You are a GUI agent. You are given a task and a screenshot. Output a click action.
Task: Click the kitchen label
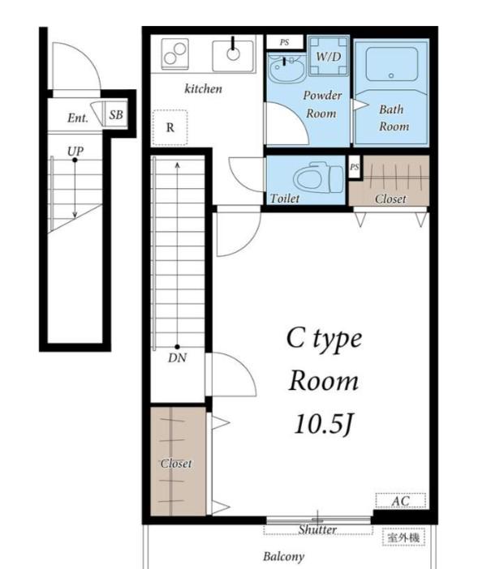point(203,89)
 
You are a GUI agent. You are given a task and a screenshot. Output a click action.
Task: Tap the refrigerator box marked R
point(170,127)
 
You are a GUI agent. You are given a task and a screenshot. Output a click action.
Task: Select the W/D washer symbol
point(329,56)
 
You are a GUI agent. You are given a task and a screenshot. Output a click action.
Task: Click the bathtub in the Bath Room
point(391,64)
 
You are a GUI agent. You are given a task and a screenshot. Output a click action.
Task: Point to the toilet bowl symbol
point(318,178)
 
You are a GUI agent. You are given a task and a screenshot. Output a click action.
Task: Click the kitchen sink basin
point(233,56)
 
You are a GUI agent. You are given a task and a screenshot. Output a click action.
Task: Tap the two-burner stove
point(175,54)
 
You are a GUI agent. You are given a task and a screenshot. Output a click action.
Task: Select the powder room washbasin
point(286,68)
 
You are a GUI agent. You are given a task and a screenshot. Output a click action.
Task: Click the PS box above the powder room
point(285,42)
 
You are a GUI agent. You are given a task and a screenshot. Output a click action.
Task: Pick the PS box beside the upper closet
point(355,167)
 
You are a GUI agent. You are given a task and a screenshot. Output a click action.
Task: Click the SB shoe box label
point(116,114)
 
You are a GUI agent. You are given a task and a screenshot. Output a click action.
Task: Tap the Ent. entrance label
point(78,118)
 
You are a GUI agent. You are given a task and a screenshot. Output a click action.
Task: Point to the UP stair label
point(75,151)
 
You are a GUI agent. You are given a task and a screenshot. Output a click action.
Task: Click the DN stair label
point(177,358)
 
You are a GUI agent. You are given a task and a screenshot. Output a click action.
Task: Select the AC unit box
point(400,501)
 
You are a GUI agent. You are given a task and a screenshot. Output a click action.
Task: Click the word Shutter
point(317,530)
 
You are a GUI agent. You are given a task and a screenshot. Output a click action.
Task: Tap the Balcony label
point(283,556)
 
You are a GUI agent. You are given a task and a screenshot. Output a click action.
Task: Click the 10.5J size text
point(323,424)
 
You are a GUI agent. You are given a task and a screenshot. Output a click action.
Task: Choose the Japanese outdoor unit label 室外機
point(403,537)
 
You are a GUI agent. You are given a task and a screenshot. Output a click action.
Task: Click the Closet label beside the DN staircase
point(176,464)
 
